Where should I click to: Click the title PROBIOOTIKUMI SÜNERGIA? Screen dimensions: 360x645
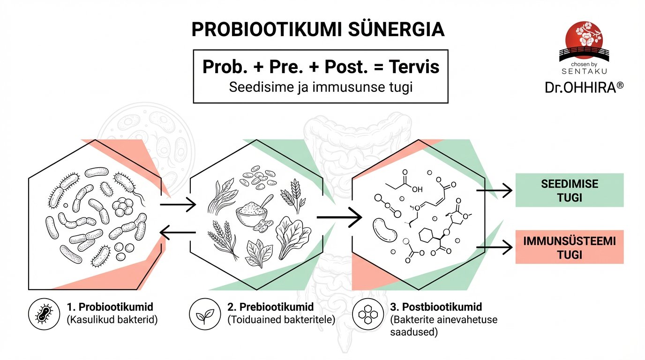318,29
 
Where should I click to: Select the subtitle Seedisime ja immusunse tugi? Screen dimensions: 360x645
321,88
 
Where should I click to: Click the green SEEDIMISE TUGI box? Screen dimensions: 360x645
569,190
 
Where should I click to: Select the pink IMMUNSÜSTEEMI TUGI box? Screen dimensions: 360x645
569,247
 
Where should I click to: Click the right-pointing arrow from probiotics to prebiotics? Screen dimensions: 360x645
178,204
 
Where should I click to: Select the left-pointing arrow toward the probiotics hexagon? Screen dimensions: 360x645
178,232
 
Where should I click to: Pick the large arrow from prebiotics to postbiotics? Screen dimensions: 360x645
339,217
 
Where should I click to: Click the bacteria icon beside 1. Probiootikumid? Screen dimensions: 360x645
43,314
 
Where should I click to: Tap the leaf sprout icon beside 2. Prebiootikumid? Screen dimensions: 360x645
204,314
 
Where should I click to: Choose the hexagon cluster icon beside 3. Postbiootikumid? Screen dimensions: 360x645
367,314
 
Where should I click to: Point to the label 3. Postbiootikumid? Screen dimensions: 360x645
436,307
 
